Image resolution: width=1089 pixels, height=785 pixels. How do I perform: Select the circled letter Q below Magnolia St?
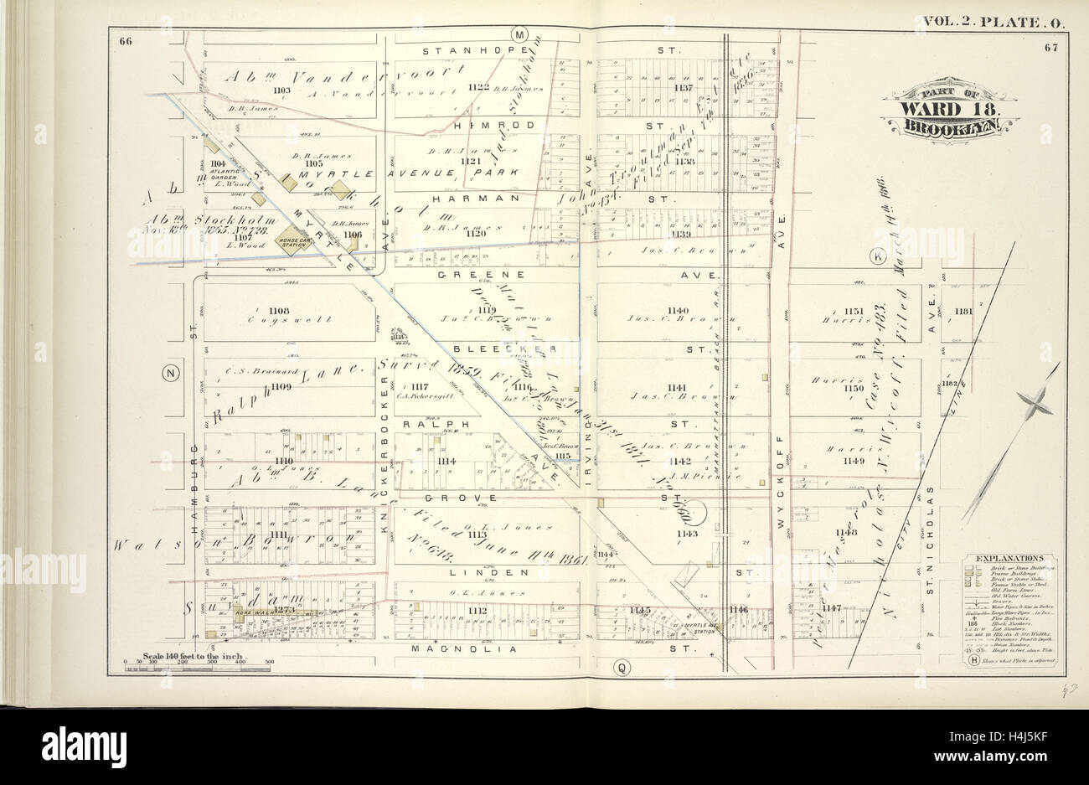621,667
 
